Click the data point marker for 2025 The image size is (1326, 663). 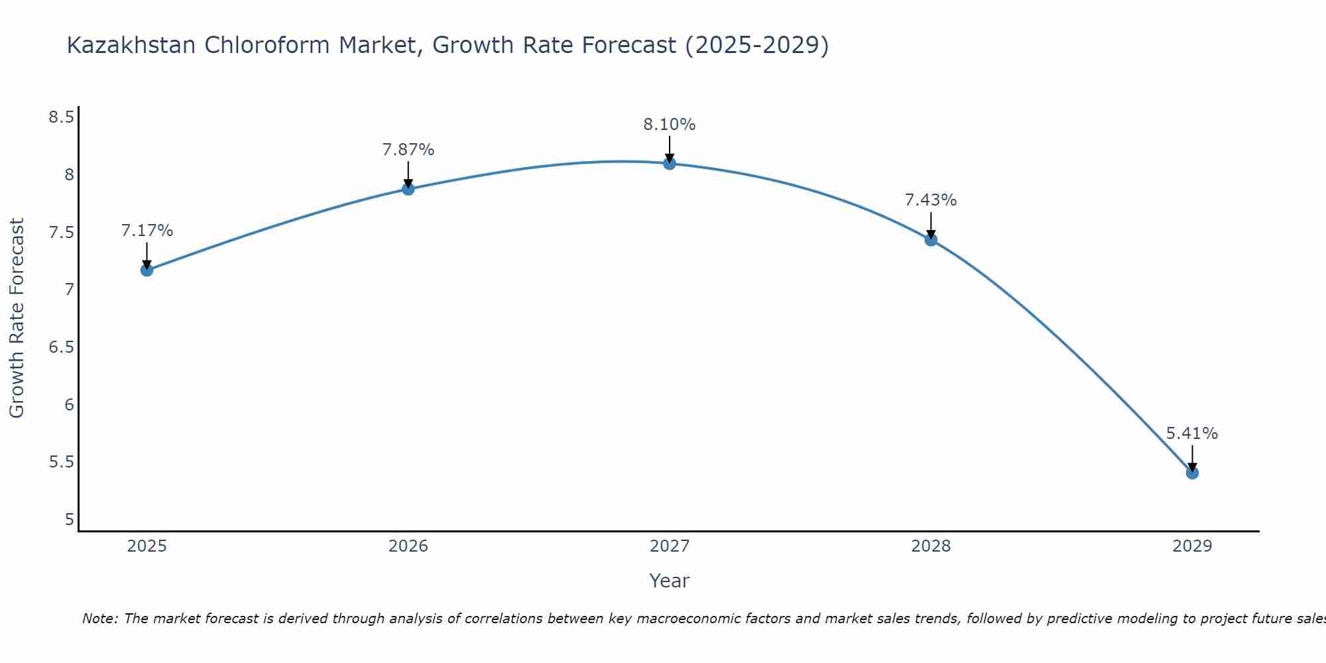(x=147, y=270)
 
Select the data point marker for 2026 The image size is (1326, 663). (x=408, y=189)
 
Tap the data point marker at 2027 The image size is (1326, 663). (x=669, y=163)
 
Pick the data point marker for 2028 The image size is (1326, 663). (x=931, y=240)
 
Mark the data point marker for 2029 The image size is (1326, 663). (x=1192, y=473)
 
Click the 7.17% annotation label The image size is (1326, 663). (x=147, y=231)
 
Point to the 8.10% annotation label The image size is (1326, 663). (x=669, y=125)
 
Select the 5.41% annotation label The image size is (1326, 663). (x=1191, y=434)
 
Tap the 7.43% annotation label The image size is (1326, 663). (x=930, y=200)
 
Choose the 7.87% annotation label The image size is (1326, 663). (x=408, y=150)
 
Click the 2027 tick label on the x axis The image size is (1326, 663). (x=669, y=546)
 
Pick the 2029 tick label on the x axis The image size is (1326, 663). (x=1191, y=546)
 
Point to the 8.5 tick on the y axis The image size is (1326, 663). (x=61, y=117)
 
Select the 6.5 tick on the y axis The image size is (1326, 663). (x=61, y=347)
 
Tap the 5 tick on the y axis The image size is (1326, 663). (x=69, y=520)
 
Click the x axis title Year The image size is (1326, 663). (x=669, y=581)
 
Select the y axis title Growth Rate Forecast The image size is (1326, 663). (x=17, y=318)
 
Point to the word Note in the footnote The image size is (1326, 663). (x=99, y=619)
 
